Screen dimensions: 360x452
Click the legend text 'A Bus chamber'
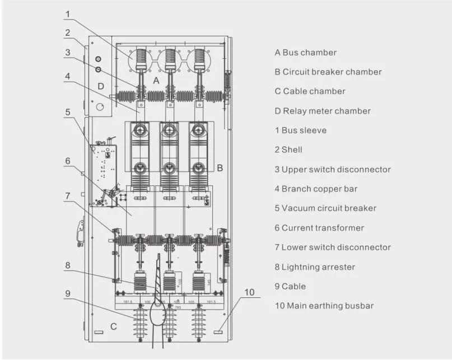pos(305,53)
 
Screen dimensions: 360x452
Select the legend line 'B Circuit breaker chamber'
pos(328,72)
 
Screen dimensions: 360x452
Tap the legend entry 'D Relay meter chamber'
pos(322,111)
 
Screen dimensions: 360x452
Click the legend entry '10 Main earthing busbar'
pos(324,306)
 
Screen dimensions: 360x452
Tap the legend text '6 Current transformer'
pos(319,228)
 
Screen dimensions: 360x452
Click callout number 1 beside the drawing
pos(67,14)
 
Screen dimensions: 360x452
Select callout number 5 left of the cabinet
pos(67,112)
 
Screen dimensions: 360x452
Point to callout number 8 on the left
pos(67,266)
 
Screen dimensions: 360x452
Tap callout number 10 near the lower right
pos(249,292)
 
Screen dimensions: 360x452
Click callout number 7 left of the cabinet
pos(67,196)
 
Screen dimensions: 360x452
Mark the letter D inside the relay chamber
pos(101,86)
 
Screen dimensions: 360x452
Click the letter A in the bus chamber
pos(156,81)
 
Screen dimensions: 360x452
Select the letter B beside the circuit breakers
pos(220,167)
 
